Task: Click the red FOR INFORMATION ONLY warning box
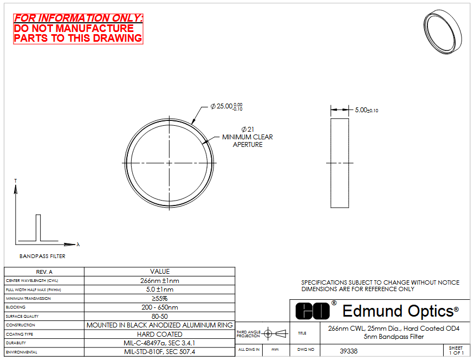click(78, 29)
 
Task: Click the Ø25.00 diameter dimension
click(226, 106)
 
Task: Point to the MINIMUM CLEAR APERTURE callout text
click(248, 140)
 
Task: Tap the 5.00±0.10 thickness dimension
click(366, 110)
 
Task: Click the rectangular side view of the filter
click(340, 163)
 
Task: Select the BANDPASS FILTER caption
click(42, 256)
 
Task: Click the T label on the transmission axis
click(16, 181)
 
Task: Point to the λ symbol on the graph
click(78, 244)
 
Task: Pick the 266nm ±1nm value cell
click(160, 281)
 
